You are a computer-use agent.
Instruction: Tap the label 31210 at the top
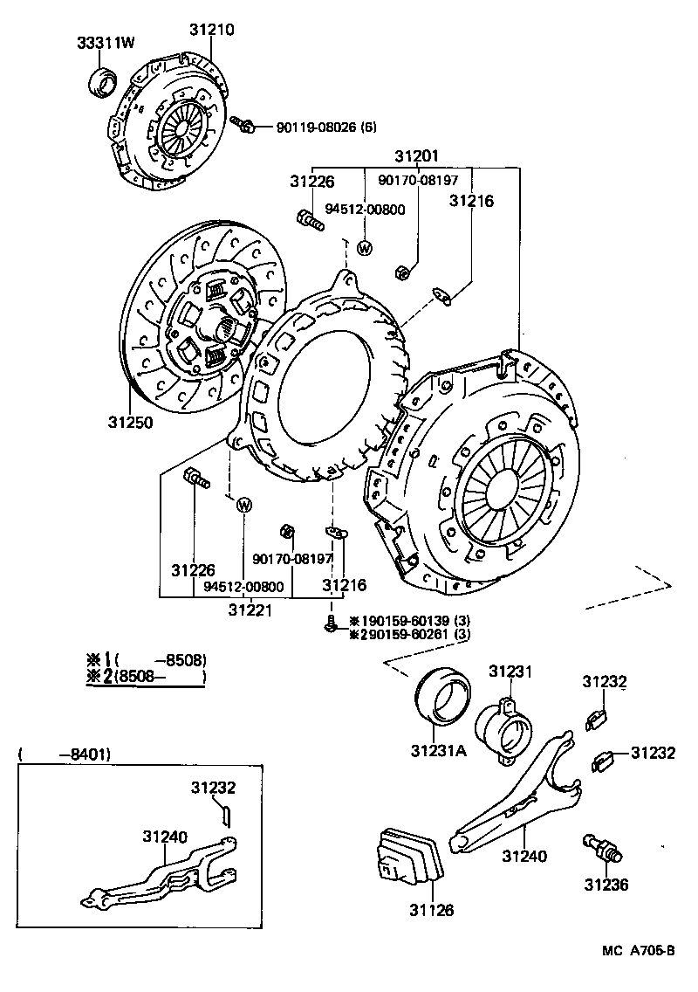click(x=211, y=29)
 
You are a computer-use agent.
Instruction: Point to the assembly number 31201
click(x=416, y=156)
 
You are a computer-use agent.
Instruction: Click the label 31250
click(x=131, y=423)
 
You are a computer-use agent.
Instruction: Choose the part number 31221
click(x=250, y=610)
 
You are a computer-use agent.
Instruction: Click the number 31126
click(x=431, y=910)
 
